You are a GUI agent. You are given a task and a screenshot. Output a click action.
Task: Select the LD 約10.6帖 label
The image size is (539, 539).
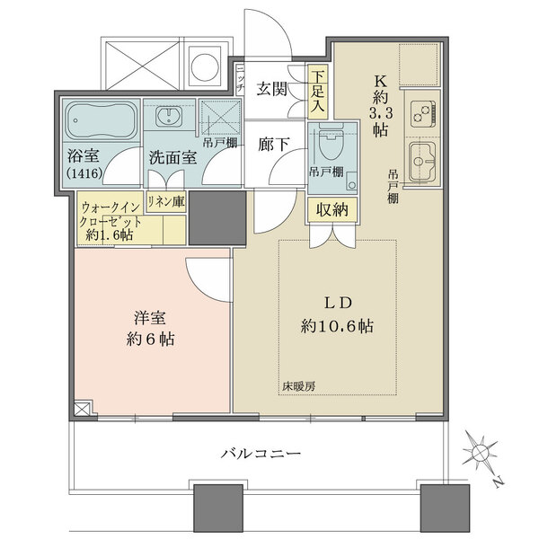[x=337, y=314]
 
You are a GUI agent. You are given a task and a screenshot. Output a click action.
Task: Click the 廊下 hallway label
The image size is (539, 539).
[x=272, y=143]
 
